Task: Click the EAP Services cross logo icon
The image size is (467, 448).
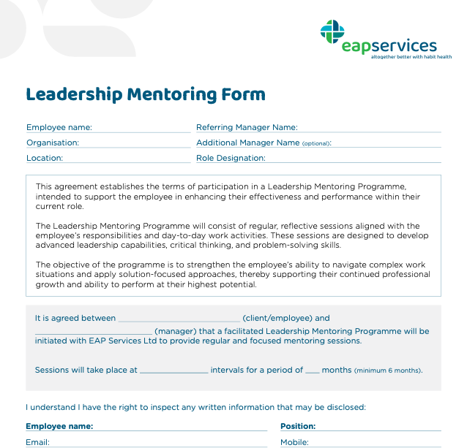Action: pyautogui.click(x=332, y=31)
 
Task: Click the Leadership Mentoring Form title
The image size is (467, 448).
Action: pyautogui.click(x=146, y=94)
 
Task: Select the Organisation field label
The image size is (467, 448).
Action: pyautogui.click(x=53, y=143)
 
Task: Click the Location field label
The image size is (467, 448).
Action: pyautogui.click(x=45, y=158)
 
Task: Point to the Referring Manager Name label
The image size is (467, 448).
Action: pyautogui.click(x=247, y=127)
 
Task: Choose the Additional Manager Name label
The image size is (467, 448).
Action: pyautogui.click(x=248, y=143)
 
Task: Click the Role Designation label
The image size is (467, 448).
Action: pyautogui.click(x=231, y=158)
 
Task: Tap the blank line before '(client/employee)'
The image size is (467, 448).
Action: pyautogui.click(x=179, y=320)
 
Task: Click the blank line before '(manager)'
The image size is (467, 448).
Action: pyautogui.click(x=93, y=333)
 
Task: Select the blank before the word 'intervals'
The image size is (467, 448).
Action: pyautogui.click(x=173, y=372)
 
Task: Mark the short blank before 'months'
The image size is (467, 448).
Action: pyautogui.click(x=312, y=372)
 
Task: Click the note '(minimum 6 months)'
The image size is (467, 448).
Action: pyautogui.click(x=388, y=371)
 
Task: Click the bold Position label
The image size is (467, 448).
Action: pyautogui.click(x=298, y=426)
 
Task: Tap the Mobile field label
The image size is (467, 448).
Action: pyautogui.click(x=294, y=442)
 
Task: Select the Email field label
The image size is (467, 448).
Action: pyautogui.click(x=37, y=442)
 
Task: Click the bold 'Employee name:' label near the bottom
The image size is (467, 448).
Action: pyautogui.click(x=59, y=426)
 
